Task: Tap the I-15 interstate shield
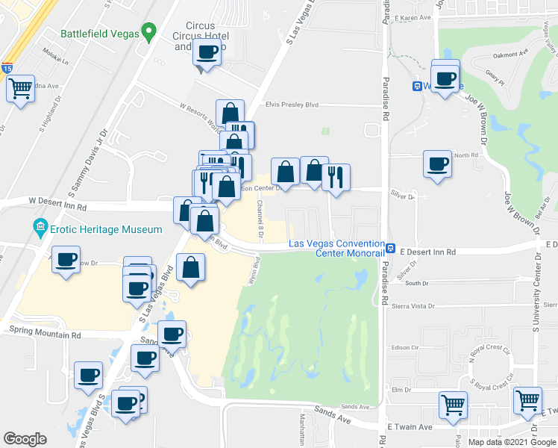7,68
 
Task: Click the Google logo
25,439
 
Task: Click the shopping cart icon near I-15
20,89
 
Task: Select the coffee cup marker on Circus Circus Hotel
207,52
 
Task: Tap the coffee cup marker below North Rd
437,164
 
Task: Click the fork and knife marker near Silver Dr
336,178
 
